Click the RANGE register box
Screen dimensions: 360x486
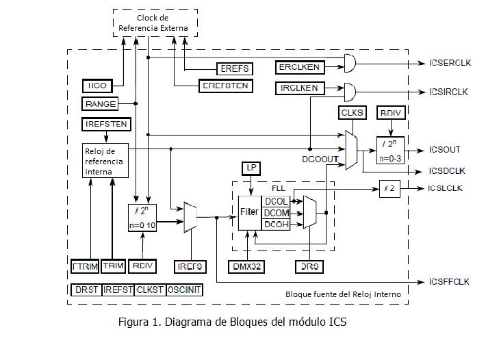click(100, 103)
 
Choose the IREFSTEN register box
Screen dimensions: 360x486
click(105, 125)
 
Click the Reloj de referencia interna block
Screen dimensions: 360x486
click(104, 162)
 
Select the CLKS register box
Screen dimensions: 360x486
click(352, 112)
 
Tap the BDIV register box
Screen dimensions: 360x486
click(390, 112)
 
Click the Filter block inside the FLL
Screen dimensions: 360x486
click(249, 212)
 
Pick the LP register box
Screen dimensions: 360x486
click(251, 168)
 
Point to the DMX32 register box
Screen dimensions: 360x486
click(246, 266)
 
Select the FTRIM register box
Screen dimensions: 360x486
click(86, 266)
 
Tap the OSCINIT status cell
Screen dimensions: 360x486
click(183, 290)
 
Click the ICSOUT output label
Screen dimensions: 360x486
click(444, 149)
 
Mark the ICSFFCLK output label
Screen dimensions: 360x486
click(449, 281)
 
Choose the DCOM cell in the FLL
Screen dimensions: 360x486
click(277, 212)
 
